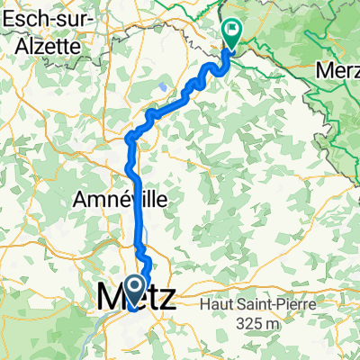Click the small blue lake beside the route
coord(162,86)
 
